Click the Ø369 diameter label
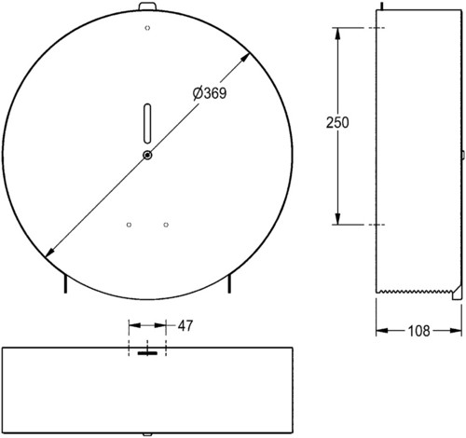[x=210, y=92]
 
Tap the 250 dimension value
[x=337, y=122]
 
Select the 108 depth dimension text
[x=418, y=331]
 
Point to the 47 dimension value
[x=185, y=325]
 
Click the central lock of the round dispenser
[x=147, y=155]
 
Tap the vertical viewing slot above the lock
[x=147, y=123]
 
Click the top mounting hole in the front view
[x=147, y=28]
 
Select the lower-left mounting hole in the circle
[x=129, y=225]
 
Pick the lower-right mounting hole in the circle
[x=166, y=225]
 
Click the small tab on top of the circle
[x=148, y=7]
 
